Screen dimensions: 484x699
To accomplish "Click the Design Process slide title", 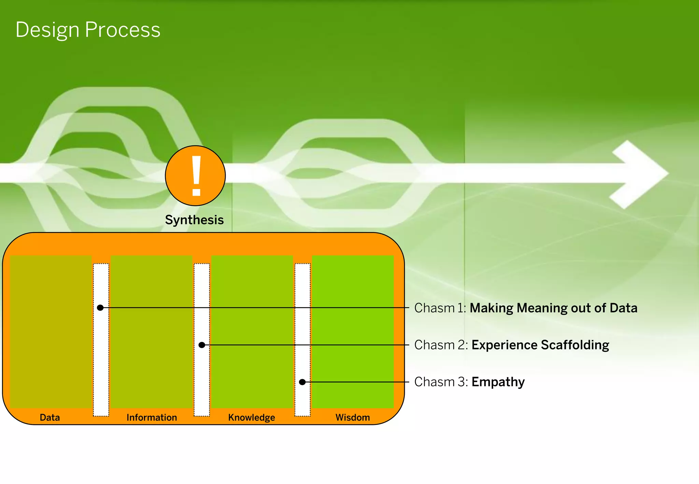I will pyautogui.click(x=88, y=30).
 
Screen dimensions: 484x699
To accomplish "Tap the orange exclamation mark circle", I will pyautogui.click(x=195, y=176).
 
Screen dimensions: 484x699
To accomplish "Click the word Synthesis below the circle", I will pyautogui.click(x=194, y=220).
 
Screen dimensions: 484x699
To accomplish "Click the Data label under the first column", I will pyautogui.click(x=50, y=417).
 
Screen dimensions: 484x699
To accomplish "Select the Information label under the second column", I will pyautogui.click(x=152, y=417).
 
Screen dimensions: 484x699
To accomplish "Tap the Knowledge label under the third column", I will pyautogui.click(x=252, y=417).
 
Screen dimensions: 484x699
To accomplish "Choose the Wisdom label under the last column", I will pyautogui.click(x=353, y=417).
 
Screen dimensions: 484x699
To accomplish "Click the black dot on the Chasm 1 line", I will pyautogui.click(x=100, y=308).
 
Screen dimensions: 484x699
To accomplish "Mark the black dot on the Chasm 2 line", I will pyautogui.click(x=202, y=345).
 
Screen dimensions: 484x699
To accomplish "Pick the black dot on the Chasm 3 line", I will pyautogui.click(x=302, y=382).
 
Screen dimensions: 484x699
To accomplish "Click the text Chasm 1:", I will pyautogui.click(x=440, y=308).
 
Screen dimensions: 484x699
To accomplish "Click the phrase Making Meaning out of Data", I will pyautogui.click(x=553, y=308).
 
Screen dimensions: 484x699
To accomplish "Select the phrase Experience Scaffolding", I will pyautogui.click(x=540, y=345).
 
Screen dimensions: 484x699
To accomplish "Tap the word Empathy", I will pyautogui.click(x=498, y=382).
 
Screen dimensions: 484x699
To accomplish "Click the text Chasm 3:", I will pyautogui.click(x=441, y=382).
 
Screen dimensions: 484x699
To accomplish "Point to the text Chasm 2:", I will pyautogui.click(x=441, y=345).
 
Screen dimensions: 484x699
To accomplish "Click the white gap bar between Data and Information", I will pyautogui.click(x=101, y=358).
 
